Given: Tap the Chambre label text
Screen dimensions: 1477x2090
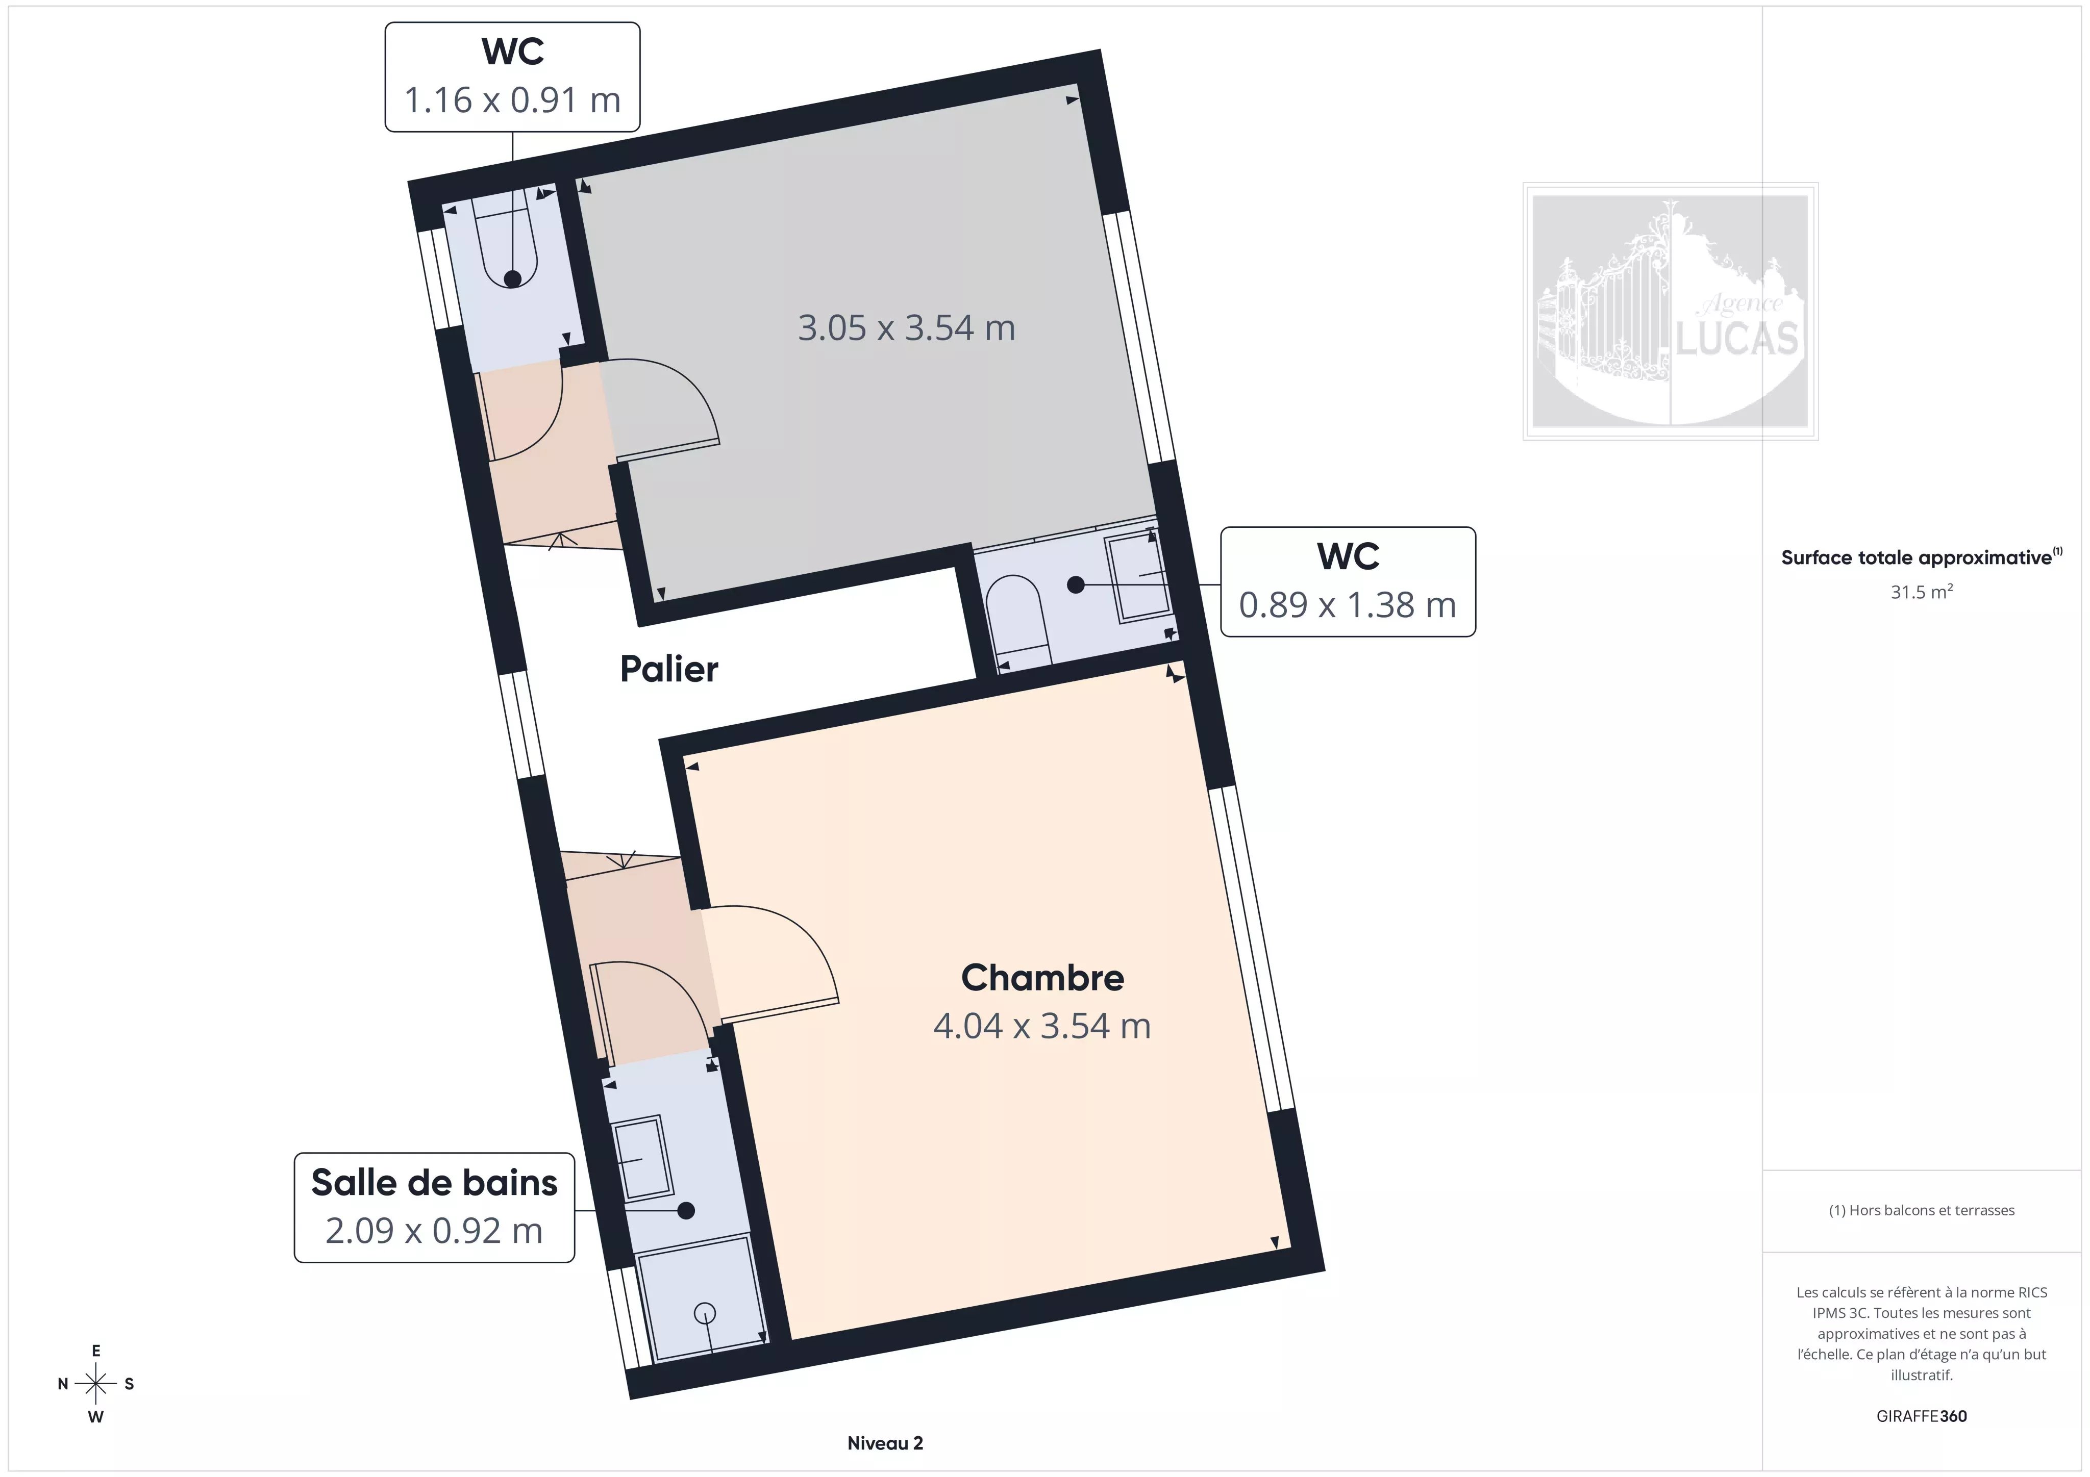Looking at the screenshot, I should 1042,977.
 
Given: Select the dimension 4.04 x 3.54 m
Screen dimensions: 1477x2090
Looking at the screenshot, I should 1042,1026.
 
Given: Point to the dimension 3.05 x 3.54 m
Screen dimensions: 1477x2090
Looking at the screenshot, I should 906,327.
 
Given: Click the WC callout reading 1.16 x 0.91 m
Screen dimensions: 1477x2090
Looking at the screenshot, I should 512,78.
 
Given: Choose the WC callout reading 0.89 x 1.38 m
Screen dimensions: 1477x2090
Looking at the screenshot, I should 1347,581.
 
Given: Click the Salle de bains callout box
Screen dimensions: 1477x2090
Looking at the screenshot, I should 434,1207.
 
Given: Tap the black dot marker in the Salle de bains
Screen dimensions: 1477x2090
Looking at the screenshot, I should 686,1210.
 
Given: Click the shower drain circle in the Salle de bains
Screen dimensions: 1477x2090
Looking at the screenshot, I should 705,1313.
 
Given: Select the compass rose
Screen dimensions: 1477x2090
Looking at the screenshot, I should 95,1383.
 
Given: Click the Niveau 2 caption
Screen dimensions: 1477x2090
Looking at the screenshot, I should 885,1442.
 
